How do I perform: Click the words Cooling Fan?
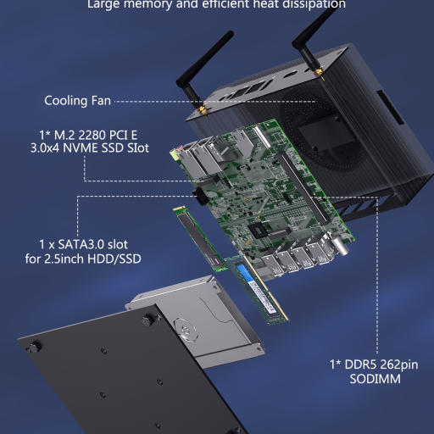pyautogui.click(x=77, y=101)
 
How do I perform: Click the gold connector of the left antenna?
pyautogui.click(x=203, y=110)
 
